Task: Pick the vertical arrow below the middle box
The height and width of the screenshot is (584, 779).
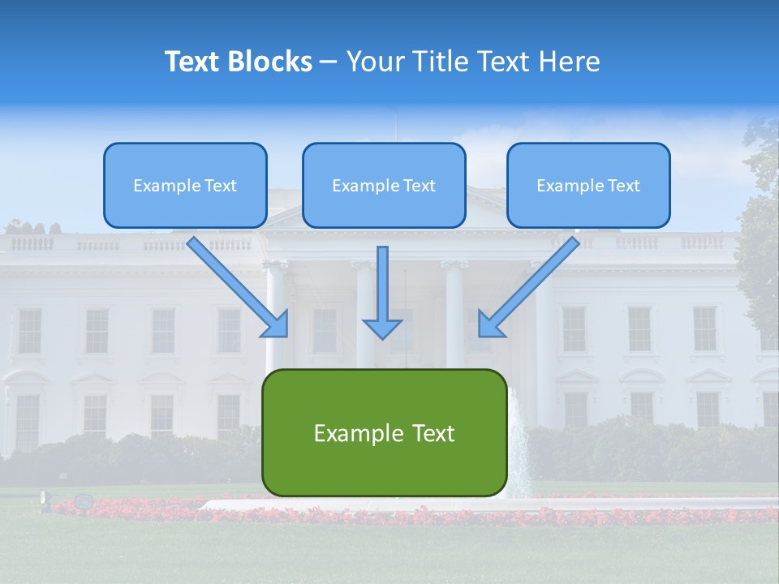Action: pyautogui.click(x=382, y=288)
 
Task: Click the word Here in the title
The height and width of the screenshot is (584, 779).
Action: pyautogui.click(x=572, y=62)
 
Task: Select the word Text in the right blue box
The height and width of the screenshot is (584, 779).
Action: pyautogui.click(x=624, y=186)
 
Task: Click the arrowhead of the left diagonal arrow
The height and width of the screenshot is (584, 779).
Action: pyautogui.click(x=278, y=325)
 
